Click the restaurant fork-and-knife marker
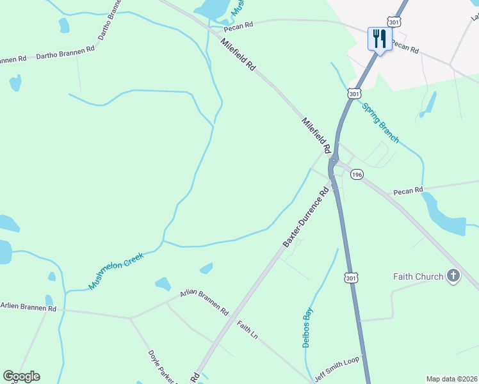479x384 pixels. (x=380, y=39)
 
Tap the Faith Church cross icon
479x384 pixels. (x=453, y=276)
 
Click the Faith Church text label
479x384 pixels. (x=418, y=276)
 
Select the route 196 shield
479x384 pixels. (x=357, y=175)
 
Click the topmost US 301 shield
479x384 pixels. (x=394, y=22)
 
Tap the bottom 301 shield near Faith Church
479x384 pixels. (x=350, y=278)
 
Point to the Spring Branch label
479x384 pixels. (x=380, y=123)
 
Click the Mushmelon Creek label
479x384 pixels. (x=117, y=271)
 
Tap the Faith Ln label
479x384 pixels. (x=247, y=330)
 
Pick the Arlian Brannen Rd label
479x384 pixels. (x=204, y=302)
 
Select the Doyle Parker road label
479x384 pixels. (x=162, y=367)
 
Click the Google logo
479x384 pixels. (x=21, y=376)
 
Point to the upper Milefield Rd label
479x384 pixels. (x=238, y=55)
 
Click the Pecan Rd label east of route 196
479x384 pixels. (x=409, y=190)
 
